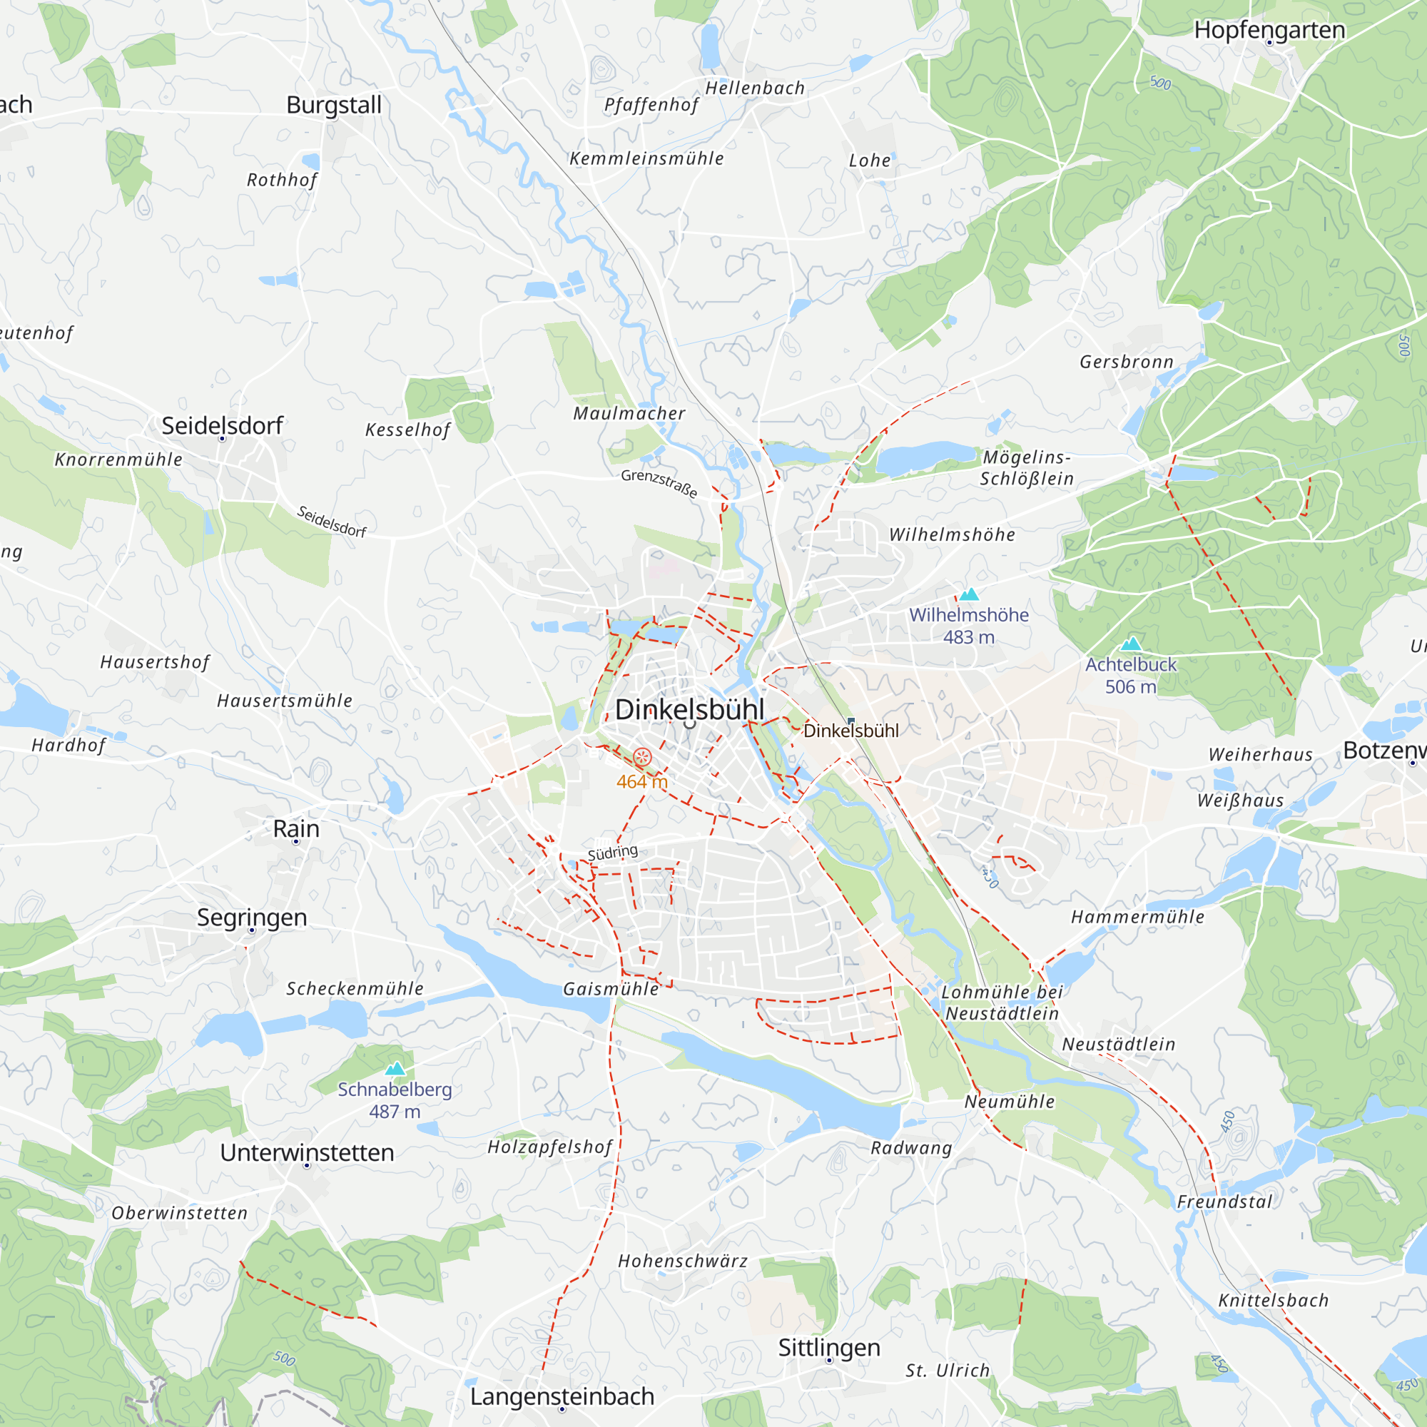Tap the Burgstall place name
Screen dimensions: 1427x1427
tap(334, 105)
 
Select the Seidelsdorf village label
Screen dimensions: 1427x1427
tap(223, 425)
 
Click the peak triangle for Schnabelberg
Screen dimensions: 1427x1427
tap(395, 1069)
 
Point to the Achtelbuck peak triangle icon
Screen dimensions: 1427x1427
tap(1131, 644)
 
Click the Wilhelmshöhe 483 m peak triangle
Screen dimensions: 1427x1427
tap(968, 594)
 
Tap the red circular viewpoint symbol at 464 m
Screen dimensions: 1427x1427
tap(642, 757)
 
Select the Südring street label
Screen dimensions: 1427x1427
tap(612, 853)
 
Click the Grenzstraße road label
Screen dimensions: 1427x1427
tap(659, 483)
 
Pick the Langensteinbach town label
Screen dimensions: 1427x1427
tap(562, 1396)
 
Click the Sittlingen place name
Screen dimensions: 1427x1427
tap(828, 1347)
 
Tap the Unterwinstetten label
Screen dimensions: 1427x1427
tap(307, 1152)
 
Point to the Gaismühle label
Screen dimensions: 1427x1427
tap(610, 989)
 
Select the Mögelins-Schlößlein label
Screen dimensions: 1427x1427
tap(1027, 467)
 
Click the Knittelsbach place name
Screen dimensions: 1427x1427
tap(1273, 1300)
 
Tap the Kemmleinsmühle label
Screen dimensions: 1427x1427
tap(646, 159)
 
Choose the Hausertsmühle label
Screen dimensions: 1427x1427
tap(285, 700)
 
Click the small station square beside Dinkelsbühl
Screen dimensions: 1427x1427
tap(851, 721)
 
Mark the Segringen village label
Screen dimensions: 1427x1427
tap(252, 918)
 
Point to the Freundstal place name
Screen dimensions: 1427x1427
tap(1224, 1202)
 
